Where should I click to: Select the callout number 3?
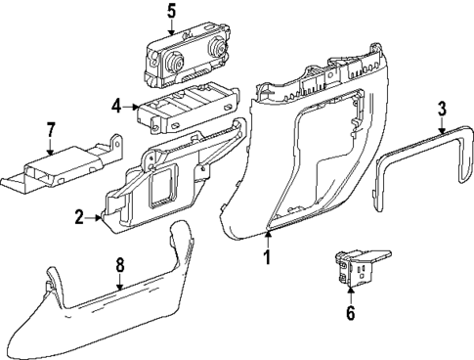(442, 108)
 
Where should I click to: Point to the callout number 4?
(116, 106)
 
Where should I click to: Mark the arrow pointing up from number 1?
(267, 237)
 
